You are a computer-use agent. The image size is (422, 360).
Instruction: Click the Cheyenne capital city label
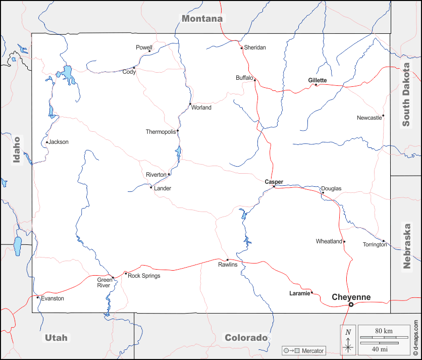coord(351,297)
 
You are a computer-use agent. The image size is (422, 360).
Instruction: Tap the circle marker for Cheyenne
coord(351,304)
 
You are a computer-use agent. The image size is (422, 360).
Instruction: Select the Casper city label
coord(274,182)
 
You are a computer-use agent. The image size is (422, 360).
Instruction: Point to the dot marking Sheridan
coord(242,48)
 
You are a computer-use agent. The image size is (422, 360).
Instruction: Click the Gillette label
coord(318,80)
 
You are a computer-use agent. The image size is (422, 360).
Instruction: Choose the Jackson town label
coord(59,142)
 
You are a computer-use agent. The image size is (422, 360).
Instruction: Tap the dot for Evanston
coord(37,297)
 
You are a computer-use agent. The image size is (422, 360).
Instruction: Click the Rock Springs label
coord(144,276)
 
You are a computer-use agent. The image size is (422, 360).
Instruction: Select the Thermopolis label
coord(161,132)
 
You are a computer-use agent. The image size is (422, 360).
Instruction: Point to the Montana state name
coord(202,19)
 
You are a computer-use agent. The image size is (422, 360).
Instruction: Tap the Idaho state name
coord(17,150)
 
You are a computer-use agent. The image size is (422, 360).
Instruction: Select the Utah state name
coord(56,338)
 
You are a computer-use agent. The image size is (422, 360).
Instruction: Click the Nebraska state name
coord(407,246)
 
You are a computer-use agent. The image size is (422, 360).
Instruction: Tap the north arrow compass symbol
coord(347,340)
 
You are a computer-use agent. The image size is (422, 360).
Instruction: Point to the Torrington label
coord(375,245)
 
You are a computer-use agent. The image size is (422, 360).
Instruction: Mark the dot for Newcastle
coord(383,116)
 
